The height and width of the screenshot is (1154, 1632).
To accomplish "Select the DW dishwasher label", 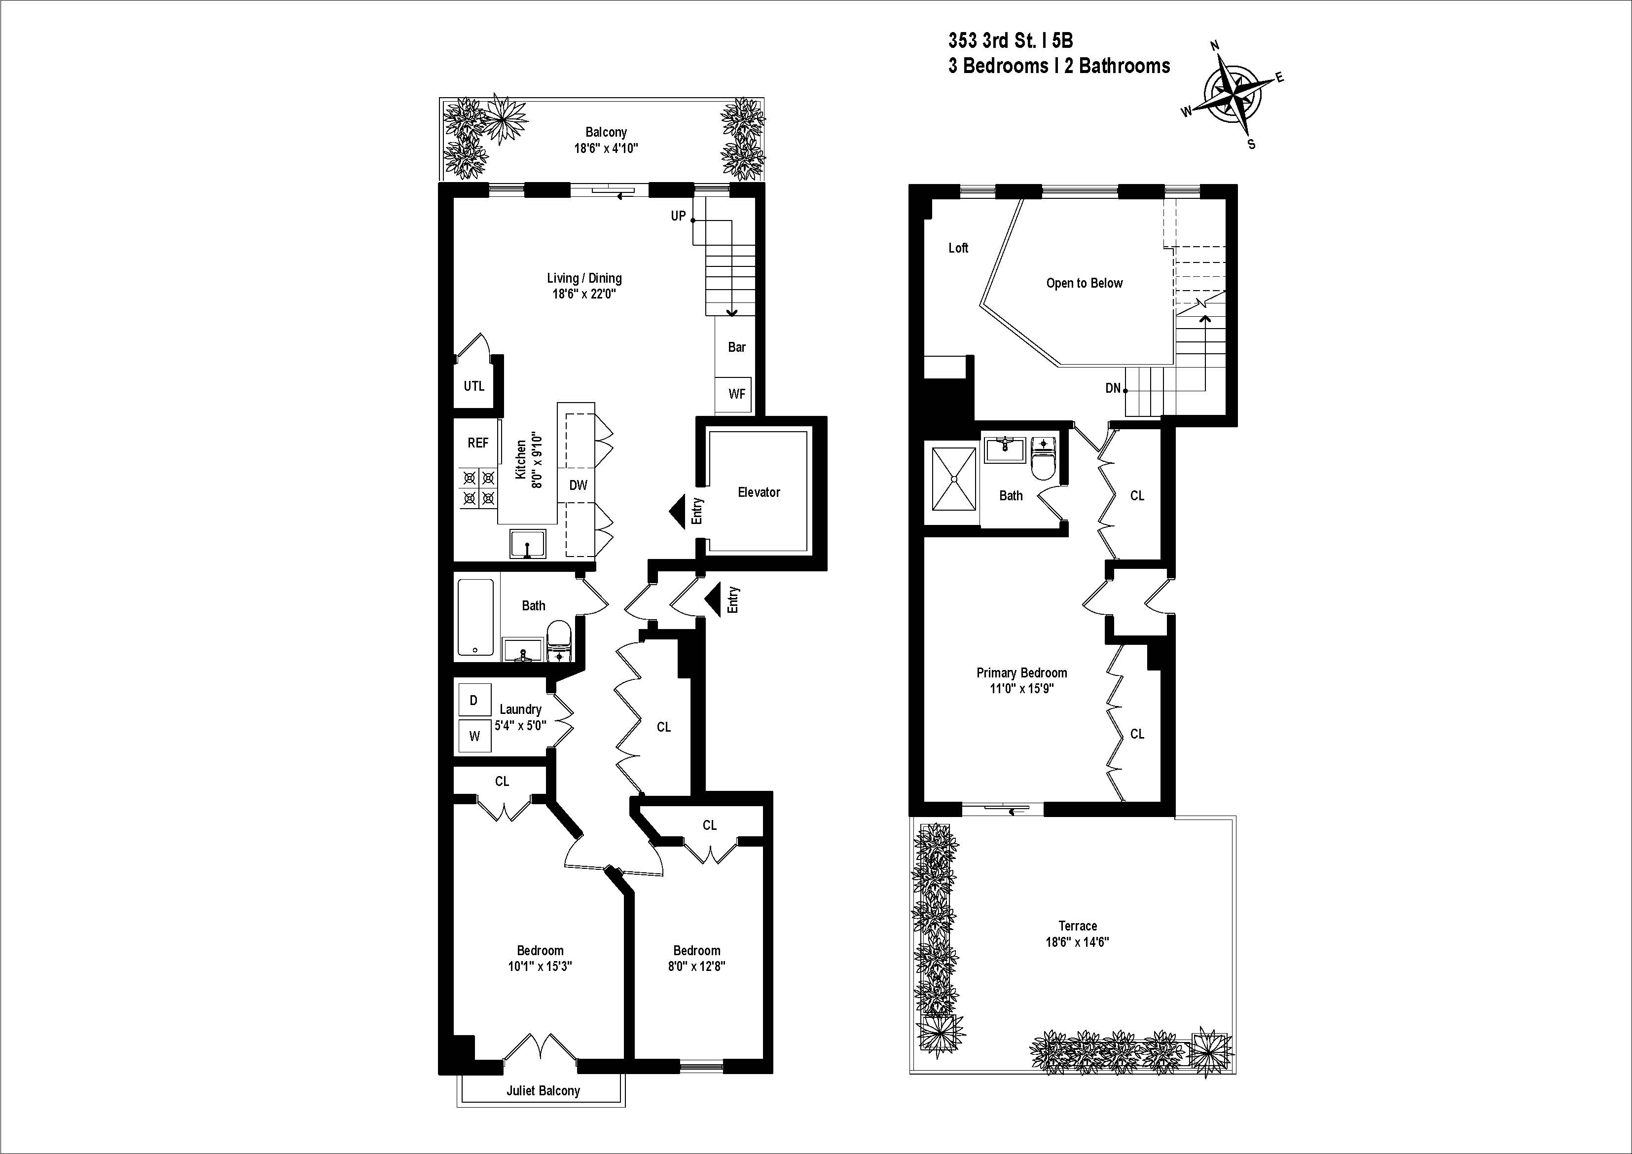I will coord(579,485).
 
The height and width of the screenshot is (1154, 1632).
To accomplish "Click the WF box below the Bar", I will coord(736,393).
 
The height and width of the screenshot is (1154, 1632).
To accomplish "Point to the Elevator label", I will coord(759,492).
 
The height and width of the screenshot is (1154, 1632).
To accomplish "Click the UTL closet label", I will coord(474,386).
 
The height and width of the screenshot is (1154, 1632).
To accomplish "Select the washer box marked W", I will coord(474,737).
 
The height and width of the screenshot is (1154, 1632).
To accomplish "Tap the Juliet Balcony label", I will coord(543,1091).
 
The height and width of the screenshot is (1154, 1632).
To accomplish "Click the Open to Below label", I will coord(1084,283).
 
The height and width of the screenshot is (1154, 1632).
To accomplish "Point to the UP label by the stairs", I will coord(678,216).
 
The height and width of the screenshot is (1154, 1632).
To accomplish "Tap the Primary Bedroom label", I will coord(1021,672).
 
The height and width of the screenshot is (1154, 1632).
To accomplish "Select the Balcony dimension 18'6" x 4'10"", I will coord(606,149).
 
